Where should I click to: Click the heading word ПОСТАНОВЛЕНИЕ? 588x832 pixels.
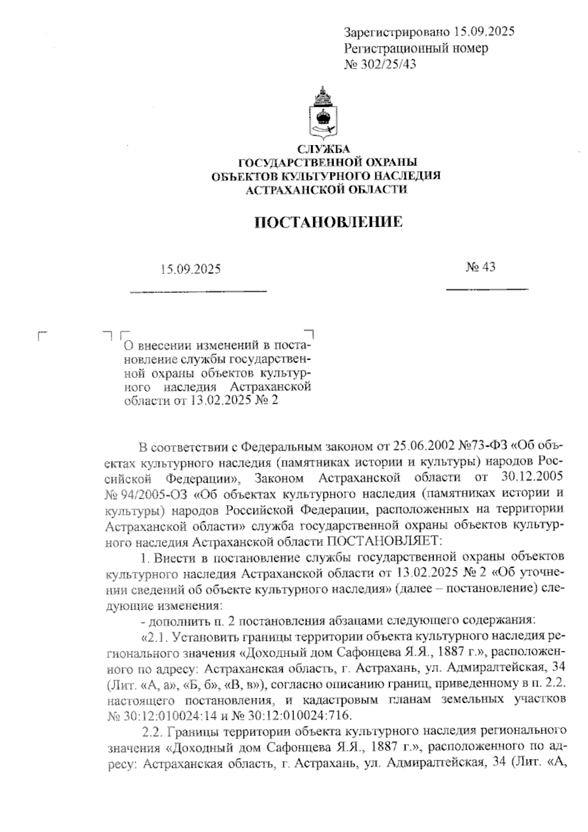coord(329,222)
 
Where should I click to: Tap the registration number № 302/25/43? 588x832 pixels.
coord(380,64)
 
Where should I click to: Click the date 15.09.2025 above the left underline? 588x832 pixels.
coord(191,269)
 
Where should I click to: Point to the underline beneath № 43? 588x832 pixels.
coord(487,290)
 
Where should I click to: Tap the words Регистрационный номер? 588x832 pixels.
coord(416,49)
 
